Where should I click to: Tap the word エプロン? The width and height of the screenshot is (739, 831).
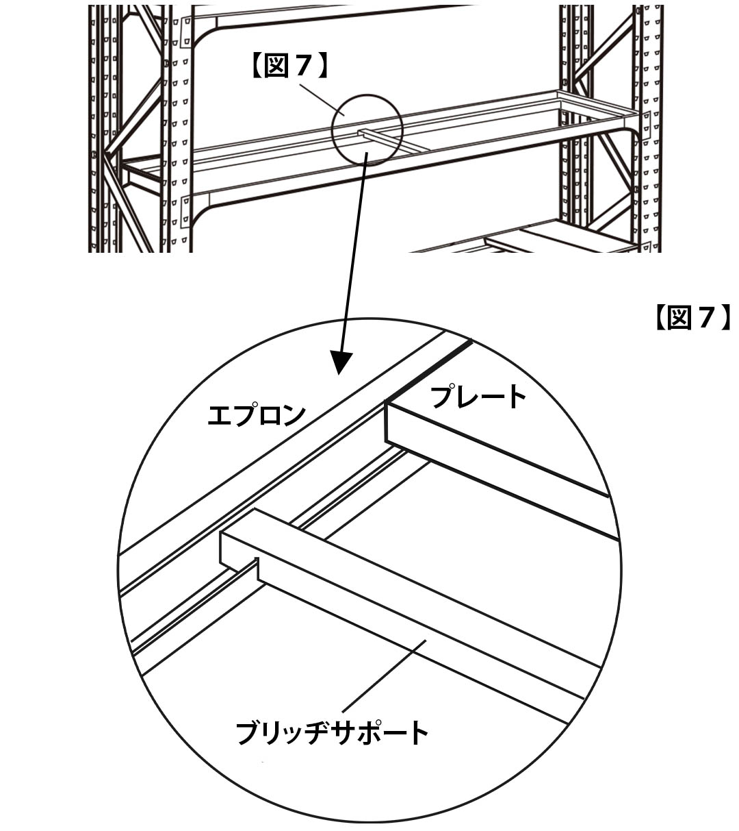pyautogui.click(x=256, y=415)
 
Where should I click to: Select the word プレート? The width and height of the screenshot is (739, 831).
pyautogui.click(x=478, y=397)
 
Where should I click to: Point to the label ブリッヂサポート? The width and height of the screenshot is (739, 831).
pyautogui.click(x=332, y=732)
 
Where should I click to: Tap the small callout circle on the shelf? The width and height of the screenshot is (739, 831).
pyautogui.click(x=367, y=128)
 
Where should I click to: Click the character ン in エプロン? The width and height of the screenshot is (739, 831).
pyautogui.click(x=290, y=415)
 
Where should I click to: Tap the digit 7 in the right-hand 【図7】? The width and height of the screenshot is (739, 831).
pyautogui.click(x=705, y=318)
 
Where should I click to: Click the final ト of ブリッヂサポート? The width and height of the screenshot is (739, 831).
pyautogui.click(x=415, y=732)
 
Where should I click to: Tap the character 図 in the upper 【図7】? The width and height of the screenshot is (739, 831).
pyautogui.click(x=279, y=66)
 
